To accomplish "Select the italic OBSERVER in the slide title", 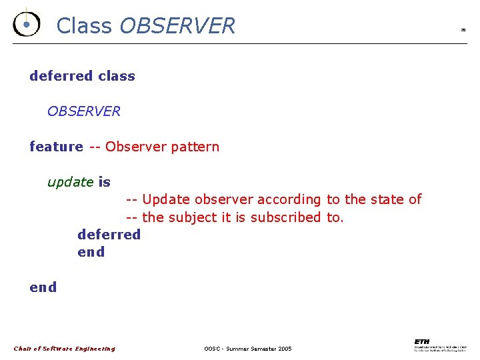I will click(177, 25).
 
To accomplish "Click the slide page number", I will click(463, 30).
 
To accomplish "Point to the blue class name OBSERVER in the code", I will click(84, 111).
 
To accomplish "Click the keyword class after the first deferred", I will click(116, 76).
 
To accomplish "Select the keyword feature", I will click(56, 147).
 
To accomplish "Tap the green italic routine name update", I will click(70, 182).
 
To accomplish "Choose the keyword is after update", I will click(104, 182).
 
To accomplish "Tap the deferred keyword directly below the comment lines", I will click(109, 235).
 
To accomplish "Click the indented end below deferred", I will click(91, 252).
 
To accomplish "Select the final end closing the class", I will click(43, 287).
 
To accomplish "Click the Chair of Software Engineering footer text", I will click(65, 349).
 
